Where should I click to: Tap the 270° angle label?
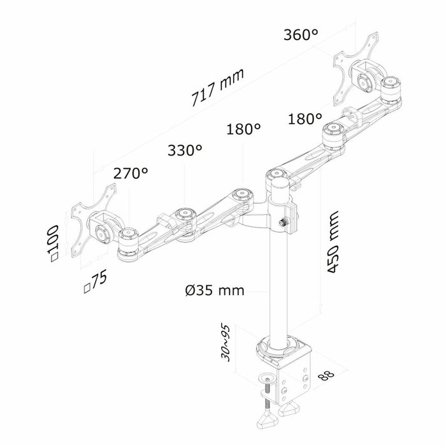130,173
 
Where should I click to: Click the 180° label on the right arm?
304,119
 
